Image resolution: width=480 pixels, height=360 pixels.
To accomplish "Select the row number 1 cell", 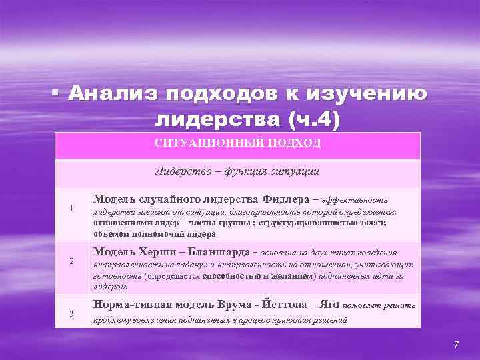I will (x=71, y=212).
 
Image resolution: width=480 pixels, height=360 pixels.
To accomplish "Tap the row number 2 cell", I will (x=71, y=261).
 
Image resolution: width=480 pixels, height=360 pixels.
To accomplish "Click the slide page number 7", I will (x=456, y=344).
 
